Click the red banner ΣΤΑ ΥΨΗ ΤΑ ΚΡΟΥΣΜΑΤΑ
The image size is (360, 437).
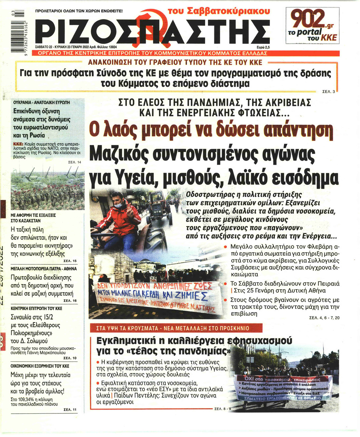pyautogui.click(x=173, y=328)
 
